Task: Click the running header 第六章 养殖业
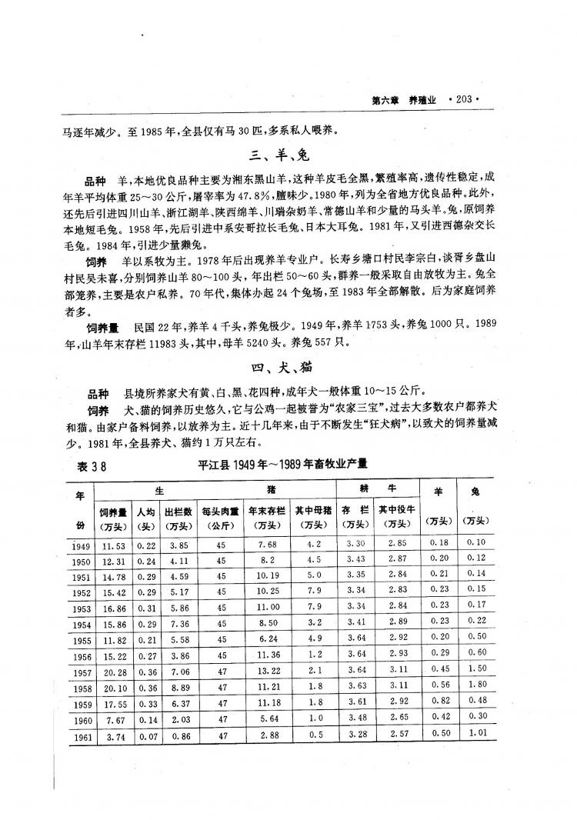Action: click(404, 99)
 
